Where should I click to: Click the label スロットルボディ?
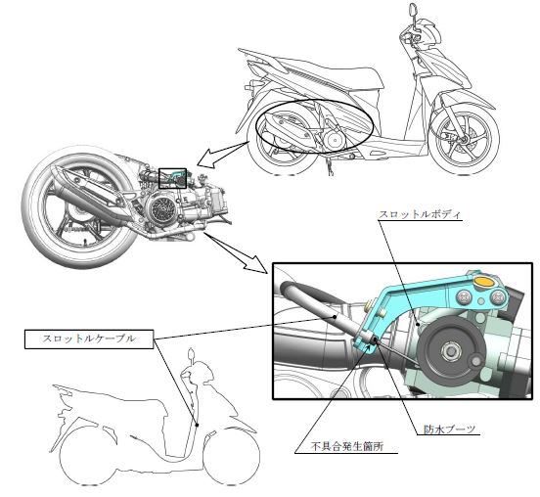point(420,214)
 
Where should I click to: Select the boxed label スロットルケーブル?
point(89,339)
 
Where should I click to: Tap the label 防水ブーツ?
point(449,429)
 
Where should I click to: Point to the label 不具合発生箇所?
point(347,447)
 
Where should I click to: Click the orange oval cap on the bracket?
point(484,282)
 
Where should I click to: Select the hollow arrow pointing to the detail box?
point(236,252)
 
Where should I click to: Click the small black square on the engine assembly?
point(172,178)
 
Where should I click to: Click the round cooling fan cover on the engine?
point(160,207)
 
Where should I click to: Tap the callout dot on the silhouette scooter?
point(197,425)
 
